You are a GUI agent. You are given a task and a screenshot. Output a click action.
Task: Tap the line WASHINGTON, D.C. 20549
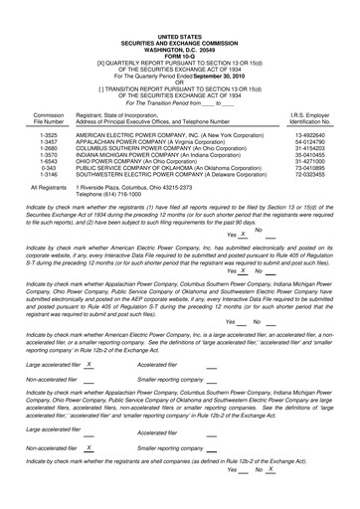(180, 20)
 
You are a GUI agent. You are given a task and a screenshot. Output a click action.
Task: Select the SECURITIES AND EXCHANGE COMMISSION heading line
(180, 13)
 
